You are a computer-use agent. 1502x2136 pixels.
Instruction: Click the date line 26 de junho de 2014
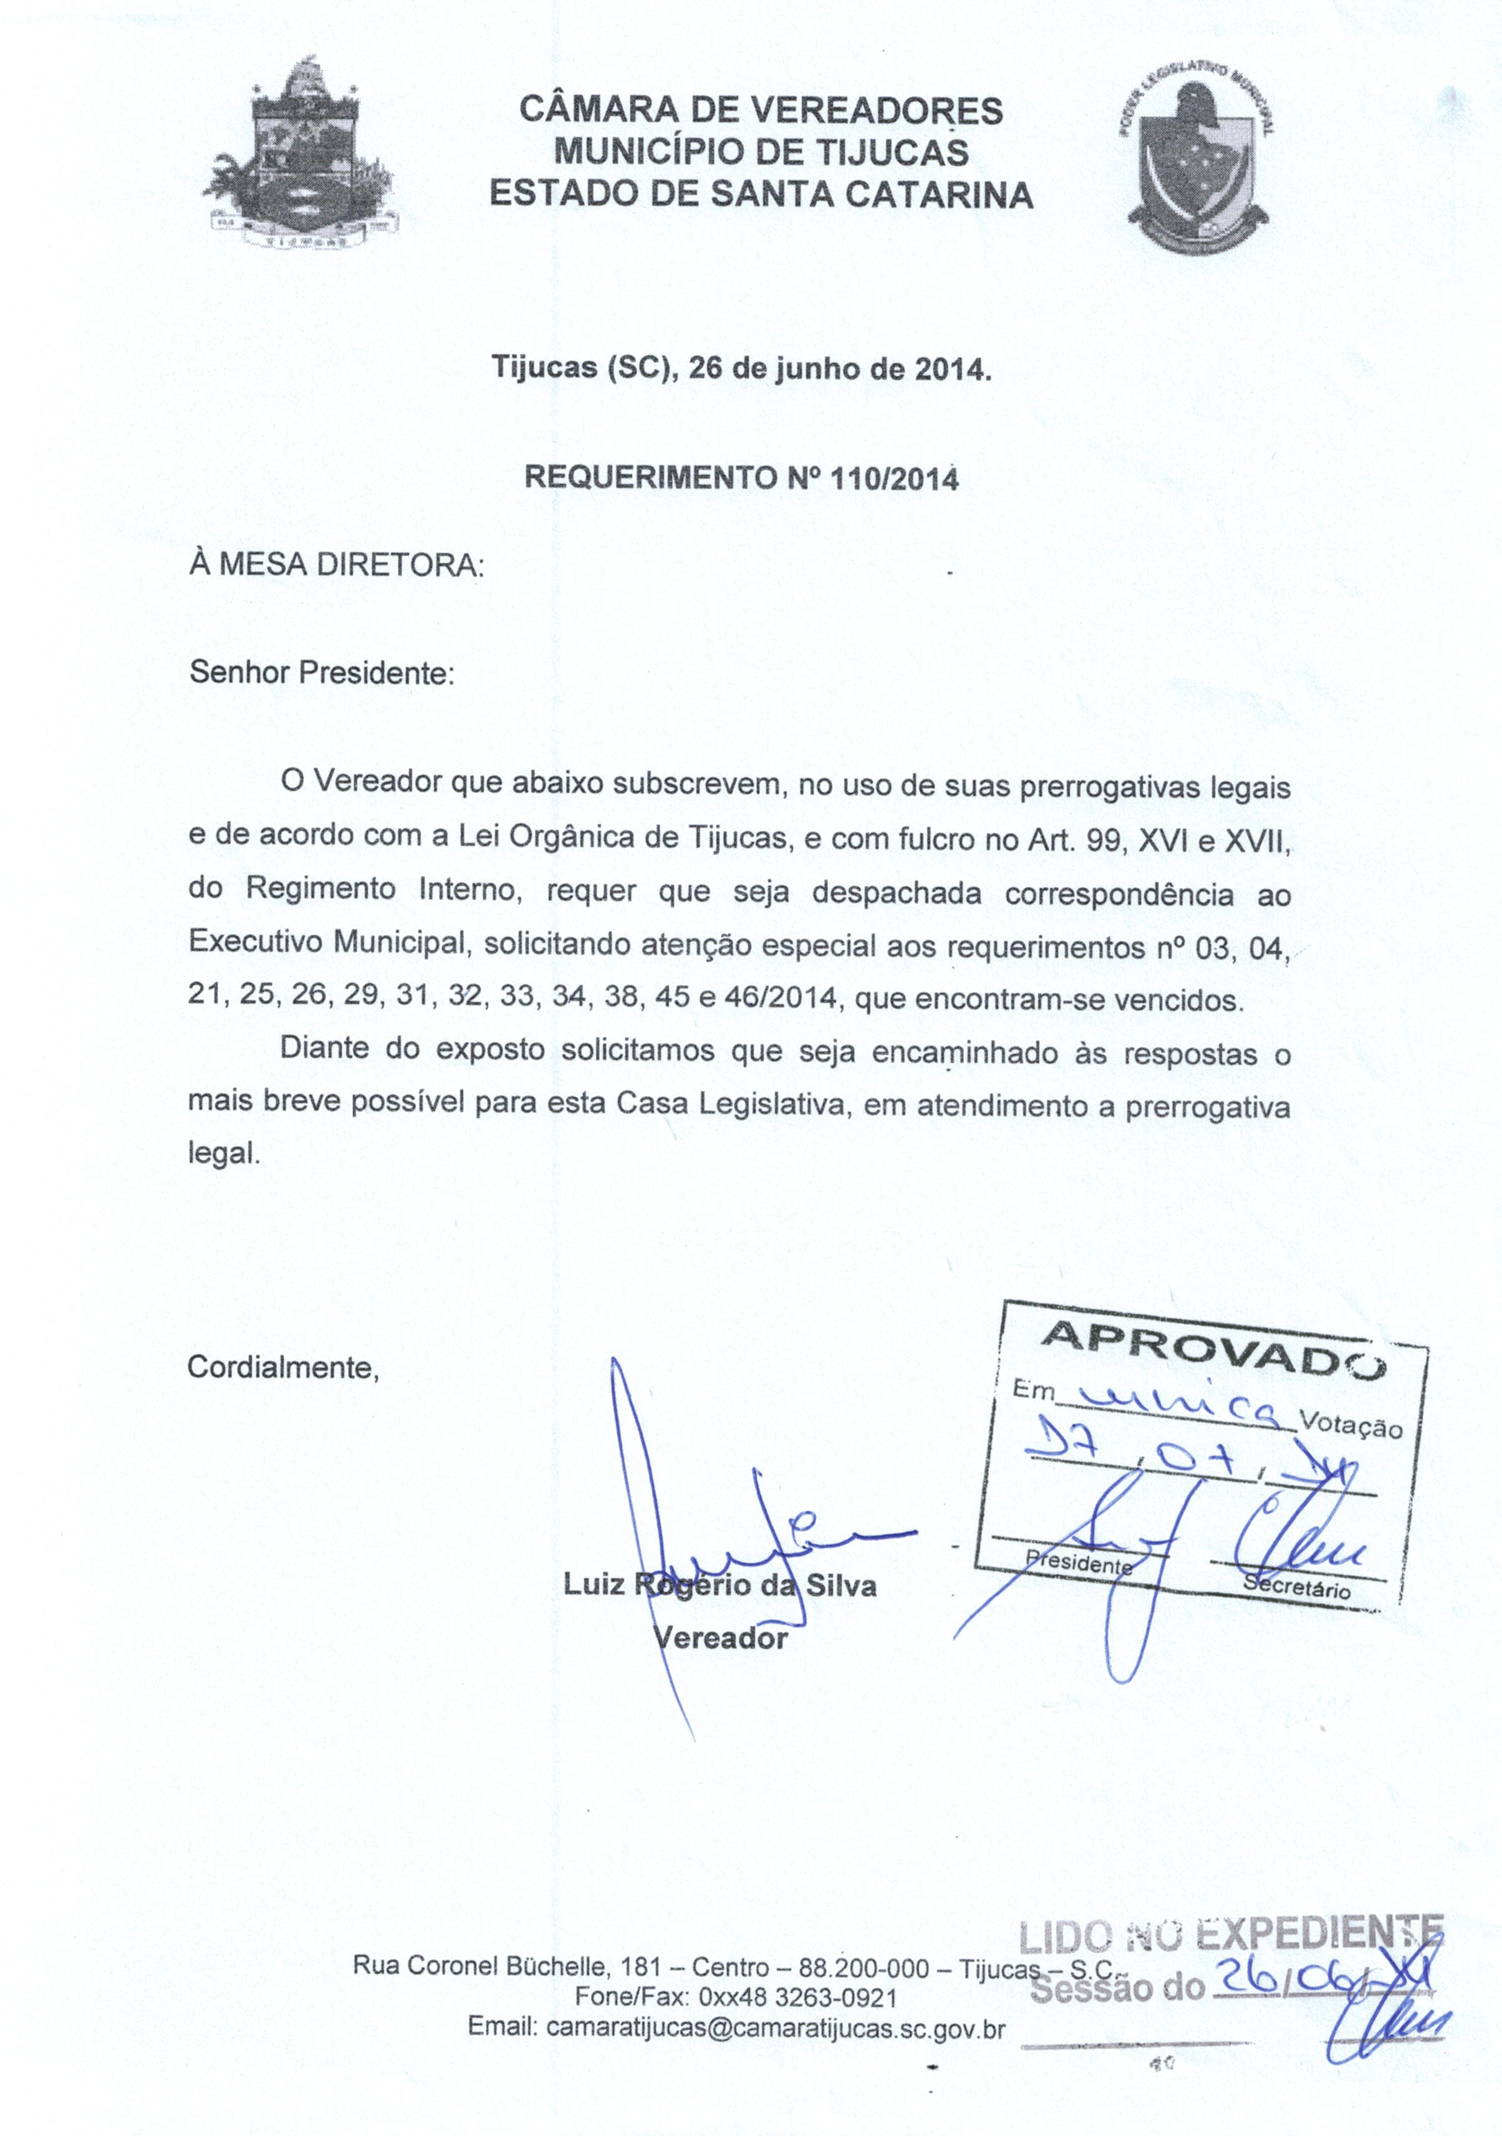point(742,369)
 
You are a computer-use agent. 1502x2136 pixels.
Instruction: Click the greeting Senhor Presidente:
point(322,673)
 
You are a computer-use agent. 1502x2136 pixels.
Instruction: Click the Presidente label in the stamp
point(1077,1562)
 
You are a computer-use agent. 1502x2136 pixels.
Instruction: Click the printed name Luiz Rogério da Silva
point(720,1584)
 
